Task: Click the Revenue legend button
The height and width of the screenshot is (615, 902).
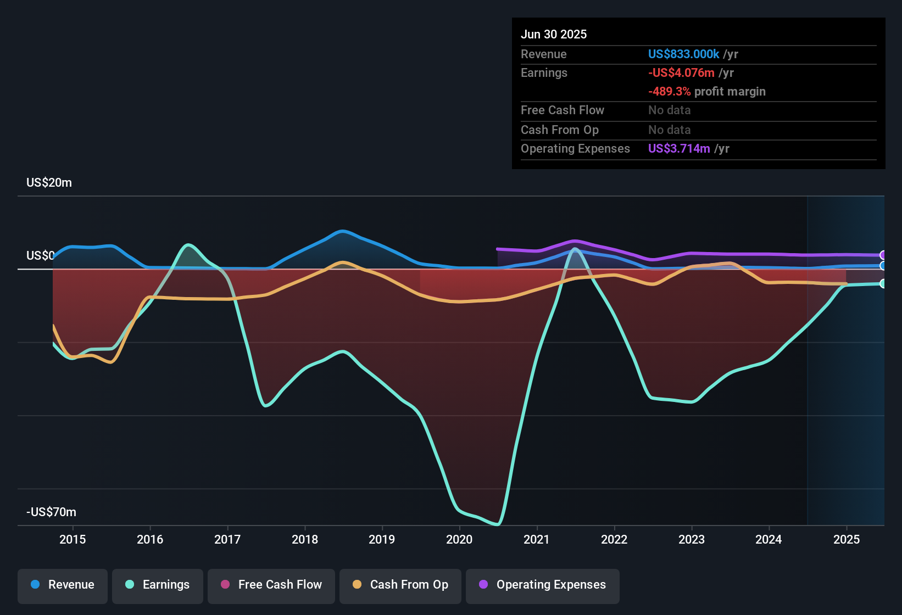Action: (63, 585)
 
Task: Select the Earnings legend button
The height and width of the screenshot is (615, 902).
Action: (158, 585)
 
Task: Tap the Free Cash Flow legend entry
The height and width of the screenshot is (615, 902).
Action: (271, 585)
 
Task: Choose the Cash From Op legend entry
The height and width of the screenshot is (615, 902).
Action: (400, 585)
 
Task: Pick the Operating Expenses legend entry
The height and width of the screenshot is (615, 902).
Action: (543, 585)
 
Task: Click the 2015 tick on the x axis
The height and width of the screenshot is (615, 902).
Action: (73, 539)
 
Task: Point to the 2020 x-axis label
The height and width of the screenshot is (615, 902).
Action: (459, 539)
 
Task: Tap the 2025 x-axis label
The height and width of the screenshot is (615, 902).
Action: (847, 539)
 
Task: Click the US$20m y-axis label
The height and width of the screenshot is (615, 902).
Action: (49, 183)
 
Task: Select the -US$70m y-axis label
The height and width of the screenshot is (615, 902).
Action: (51, 512)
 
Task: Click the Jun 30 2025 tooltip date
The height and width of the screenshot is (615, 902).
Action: (554, 34)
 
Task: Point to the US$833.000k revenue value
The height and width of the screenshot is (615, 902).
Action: (683, 54)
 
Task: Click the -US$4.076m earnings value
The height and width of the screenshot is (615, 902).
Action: (681, 73)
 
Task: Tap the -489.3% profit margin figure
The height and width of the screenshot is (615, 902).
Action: (669, 92)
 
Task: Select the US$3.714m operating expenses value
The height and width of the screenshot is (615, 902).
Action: (679, 149)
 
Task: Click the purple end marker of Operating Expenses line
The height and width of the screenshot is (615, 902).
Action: (883, 255)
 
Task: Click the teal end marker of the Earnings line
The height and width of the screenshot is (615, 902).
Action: (883, 283)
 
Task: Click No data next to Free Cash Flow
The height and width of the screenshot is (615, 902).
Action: (669, 110)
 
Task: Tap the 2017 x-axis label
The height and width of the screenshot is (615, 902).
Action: (227, 539)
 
